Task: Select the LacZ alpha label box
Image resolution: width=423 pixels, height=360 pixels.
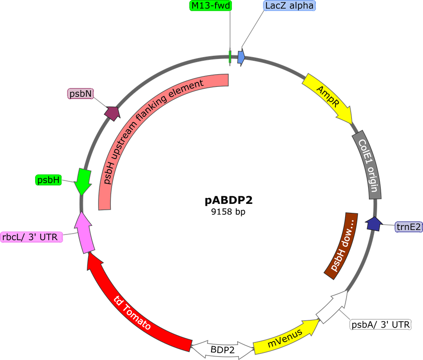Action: coord(289,6)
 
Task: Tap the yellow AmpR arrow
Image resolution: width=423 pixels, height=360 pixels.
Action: coord(328,98)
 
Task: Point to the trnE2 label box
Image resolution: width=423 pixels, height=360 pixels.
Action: coord(409,227)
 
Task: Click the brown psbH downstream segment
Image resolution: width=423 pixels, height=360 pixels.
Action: coord(341,245)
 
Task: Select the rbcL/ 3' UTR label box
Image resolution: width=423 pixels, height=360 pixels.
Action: coord(31,237)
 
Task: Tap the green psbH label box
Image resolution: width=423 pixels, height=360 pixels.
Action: coord(48,180)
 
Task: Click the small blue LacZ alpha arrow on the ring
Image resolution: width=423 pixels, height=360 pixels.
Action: coord(241,57)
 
